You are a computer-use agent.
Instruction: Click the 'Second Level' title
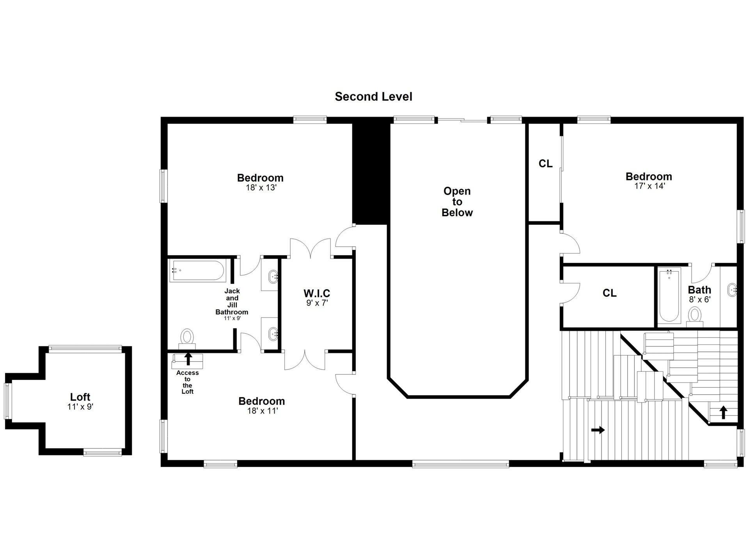(x=373, y=97)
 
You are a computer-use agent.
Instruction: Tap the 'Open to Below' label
(x=457, y=202)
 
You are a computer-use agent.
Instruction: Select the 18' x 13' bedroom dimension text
(x=261, y=188)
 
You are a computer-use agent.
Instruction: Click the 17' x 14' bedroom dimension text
(x=650, y=186)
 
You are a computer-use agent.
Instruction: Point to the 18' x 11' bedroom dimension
(x=262, y=411)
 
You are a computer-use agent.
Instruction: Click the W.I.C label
(x=317, y=293)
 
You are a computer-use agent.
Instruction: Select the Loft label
(x=80, y=397)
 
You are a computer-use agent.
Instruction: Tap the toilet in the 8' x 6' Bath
(x=694, y=316)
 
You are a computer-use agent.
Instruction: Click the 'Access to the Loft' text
(x=188, y=382)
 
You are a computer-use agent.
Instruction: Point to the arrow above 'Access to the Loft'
(x=188, y=359)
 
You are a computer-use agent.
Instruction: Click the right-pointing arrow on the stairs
(x=598, y=430)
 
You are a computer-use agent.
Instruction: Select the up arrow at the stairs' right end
(x=724, y=412)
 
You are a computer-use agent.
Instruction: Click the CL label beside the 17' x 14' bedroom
(x=545, y=164)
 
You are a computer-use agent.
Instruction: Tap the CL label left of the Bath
(x=609, y=293)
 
